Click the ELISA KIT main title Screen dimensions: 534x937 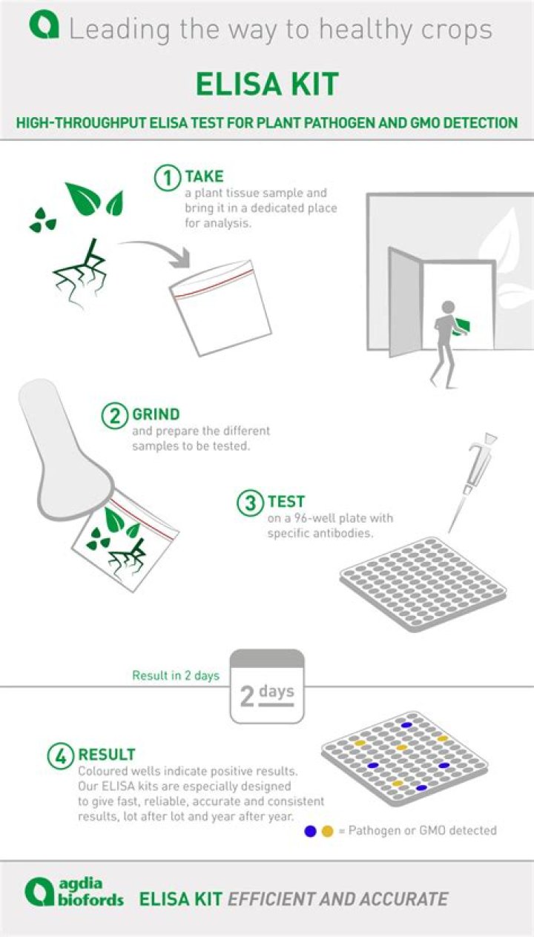click(267, 84)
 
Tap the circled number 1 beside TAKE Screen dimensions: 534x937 click(168, 179)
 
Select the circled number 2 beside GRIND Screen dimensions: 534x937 click(115, 416)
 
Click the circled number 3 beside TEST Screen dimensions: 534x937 click(250, 503)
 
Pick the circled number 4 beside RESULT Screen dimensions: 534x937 click(61, 756)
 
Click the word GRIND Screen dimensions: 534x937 click(156, 414)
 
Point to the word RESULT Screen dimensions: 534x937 click(107, 754)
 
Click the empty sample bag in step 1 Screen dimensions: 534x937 click(220, 308)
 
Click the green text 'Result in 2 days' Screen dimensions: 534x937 click(176, 675)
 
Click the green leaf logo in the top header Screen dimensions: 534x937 click(44, 26)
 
